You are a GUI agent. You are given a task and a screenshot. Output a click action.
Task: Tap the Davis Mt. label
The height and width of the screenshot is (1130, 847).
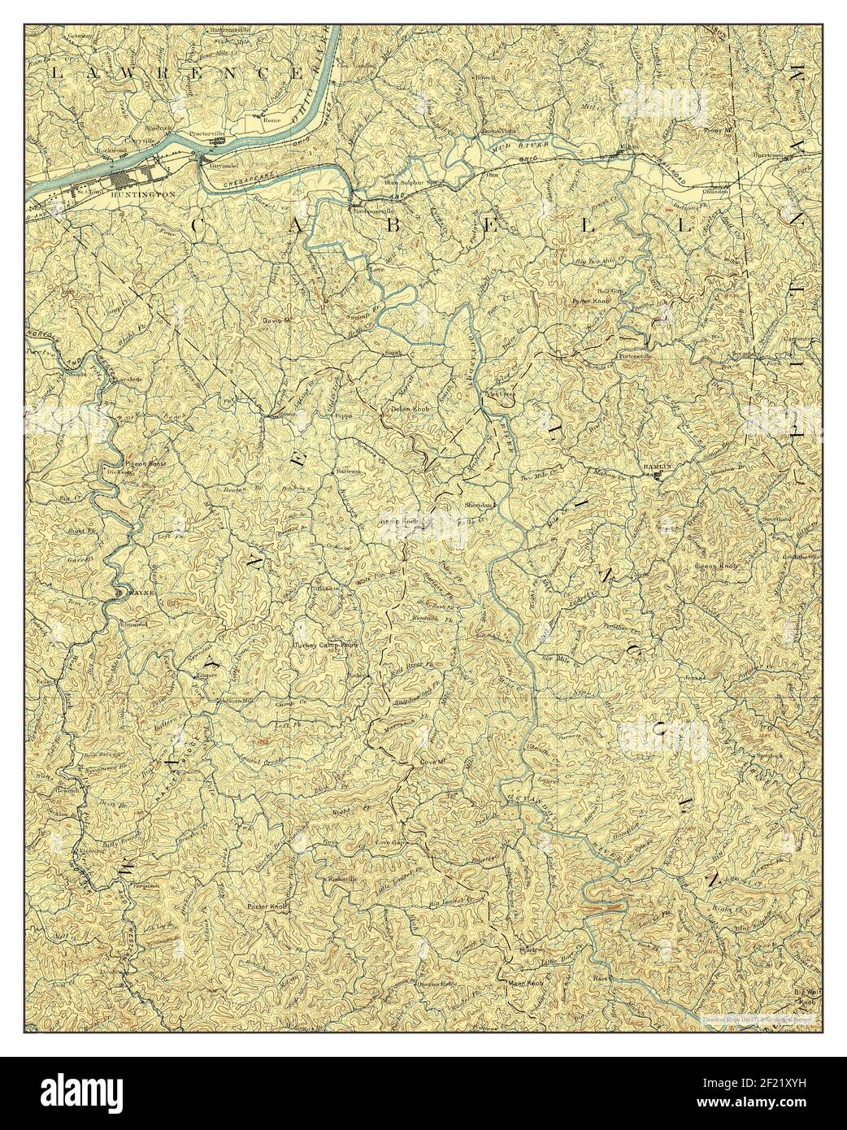(276, 319)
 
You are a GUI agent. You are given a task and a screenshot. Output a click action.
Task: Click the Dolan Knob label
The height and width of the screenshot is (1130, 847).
(410, 411)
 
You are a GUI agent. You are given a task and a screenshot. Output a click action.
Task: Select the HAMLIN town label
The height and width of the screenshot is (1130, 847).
(657, 466)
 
